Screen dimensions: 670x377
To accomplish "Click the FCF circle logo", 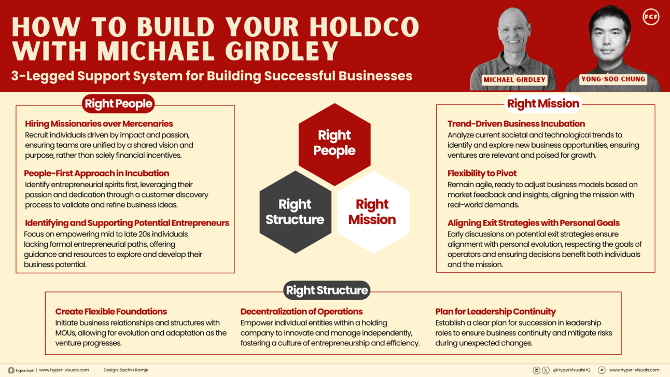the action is coord(651,17).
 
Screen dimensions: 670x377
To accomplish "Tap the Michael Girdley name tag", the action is coord(514,79).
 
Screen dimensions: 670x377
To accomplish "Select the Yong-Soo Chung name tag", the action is coord(613,79).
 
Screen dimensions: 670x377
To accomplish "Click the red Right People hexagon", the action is coord(334,145).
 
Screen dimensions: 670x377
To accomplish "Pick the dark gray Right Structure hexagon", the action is coord(295,212).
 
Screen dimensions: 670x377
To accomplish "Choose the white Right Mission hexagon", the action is coord(373,212).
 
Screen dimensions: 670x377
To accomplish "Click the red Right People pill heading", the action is coord(118,104).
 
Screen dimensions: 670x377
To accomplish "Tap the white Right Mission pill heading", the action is coord(543,104).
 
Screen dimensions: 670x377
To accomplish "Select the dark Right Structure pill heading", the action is coord(327,290).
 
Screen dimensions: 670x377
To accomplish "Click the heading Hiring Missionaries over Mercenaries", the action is coord(99,123).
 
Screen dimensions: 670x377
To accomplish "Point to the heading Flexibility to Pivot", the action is coord(482,173).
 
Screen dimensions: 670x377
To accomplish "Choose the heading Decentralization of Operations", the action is coord(301,312).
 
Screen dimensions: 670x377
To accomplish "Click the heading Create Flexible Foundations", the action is coord(111,312).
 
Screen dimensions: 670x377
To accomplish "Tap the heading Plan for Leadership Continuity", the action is coord(495,312).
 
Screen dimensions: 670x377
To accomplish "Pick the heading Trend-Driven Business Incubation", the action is coord(517,123).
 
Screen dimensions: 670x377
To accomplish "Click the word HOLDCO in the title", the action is coord(365,27).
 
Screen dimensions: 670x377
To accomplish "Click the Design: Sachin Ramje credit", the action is coord(126,370).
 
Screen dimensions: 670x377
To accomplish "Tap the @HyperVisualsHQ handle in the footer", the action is coord(571,370).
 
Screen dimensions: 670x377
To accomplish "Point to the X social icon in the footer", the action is coord(546,370).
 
